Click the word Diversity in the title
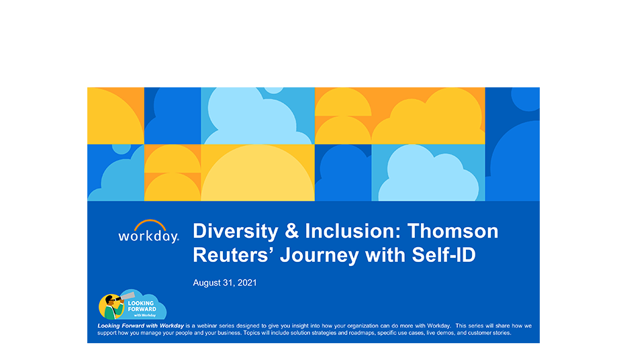tap(235, 231)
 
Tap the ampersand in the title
tap(291, 231)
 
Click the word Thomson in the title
tap(452, 231)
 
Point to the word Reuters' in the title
tap(233, 255)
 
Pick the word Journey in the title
tap(320, 255)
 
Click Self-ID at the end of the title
tap(443, 255)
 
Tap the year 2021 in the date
tap(247, 283)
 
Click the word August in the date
tap(207, 283)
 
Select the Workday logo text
tap(148, 236)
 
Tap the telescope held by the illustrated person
tap(126, 296)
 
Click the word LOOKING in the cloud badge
tap(141, 303)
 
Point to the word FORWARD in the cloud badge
tap(142, 309)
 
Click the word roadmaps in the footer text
tap(362, 333)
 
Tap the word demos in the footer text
tap(446, 333)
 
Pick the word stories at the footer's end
tap(501, 333)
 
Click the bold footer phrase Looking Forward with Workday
tap(141, 326)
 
